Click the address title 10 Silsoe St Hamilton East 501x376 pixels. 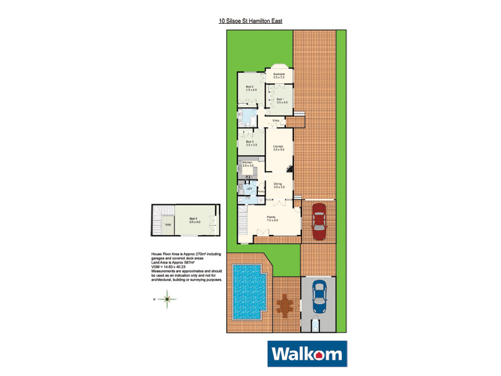[x=250, y=21]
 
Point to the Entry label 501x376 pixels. [x=276, y=120]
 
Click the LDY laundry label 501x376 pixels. [x=249, y=189]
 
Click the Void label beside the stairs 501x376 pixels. [x=167, y=224]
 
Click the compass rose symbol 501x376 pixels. [x=167, y=300]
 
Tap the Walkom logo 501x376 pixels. [x=306, y=354]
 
